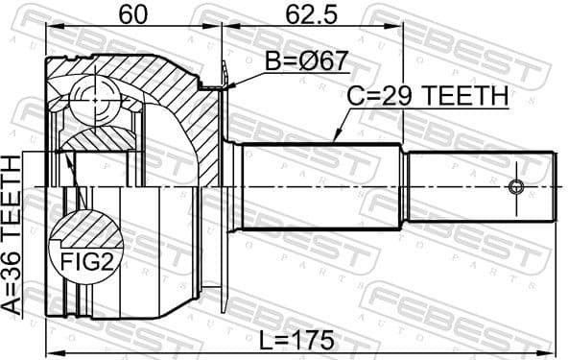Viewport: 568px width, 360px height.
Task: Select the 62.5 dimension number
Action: (309, 13)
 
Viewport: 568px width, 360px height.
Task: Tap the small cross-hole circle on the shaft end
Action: (519, 186)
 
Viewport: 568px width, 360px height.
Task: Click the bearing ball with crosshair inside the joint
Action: (94, 96)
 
